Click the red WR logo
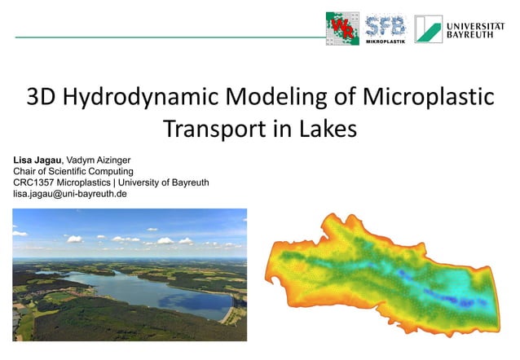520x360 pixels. pos(342,29)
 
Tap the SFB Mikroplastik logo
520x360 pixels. pos(386,29)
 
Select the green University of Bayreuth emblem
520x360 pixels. pos(428,29)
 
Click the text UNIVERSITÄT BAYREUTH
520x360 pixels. pos(475,30)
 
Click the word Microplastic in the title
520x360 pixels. pos(428,97)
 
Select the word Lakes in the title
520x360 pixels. pos(328,129)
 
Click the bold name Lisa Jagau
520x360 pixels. pos(37,160)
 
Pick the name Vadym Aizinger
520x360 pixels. pos(99,160)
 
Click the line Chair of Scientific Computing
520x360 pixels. pos(73,171)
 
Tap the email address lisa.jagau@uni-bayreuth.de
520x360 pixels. pos(70,194)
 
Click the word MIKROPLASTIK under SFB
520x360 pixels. pos(386,42)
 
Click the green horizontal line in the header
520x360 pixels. pos(170,37)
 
